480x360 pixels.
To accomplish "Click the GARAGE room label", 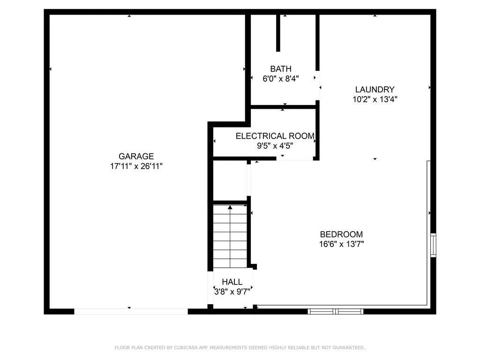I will [136, 157].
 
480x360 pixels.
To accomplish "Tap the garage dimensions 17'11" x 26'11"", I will [136, 166].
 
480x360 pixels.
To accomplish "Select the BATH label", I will [281, 69].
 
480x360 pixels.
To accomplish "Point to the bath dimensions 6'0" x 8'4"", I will [281, 79].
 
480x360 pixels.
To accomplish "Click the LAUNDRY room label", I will [375, 90].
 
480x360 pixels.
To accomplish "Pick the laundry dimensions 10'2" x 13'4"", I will [375, 99].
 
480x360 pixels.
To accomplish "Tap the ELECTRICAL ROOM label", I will [275, 136].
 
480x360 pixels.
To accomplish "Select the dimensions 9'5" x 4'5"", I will [275, 146].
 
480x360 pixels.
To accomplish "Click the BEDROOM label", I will [341, 234].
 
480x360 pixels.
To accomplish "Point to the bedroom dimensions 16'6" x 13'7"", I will [341, 244].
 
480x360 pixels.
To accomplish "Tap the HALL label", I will [232, 282].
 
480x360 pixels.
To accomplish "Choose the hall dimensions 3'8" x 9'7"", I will [232, 291].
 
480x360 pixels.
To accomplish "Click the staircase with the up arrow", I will [230, 237].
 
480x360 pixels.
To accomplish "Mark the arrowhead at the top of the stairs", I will [230, 207].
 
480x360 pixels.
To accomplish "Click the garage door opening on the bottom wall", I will [131, 311].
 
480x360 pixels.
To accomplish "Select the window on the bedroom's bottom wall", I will [335, 311].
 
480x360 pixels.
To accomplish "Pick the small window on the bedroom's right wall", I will [433, 245].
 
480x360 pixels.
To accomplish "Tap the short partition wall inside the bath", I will [278, 33].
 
